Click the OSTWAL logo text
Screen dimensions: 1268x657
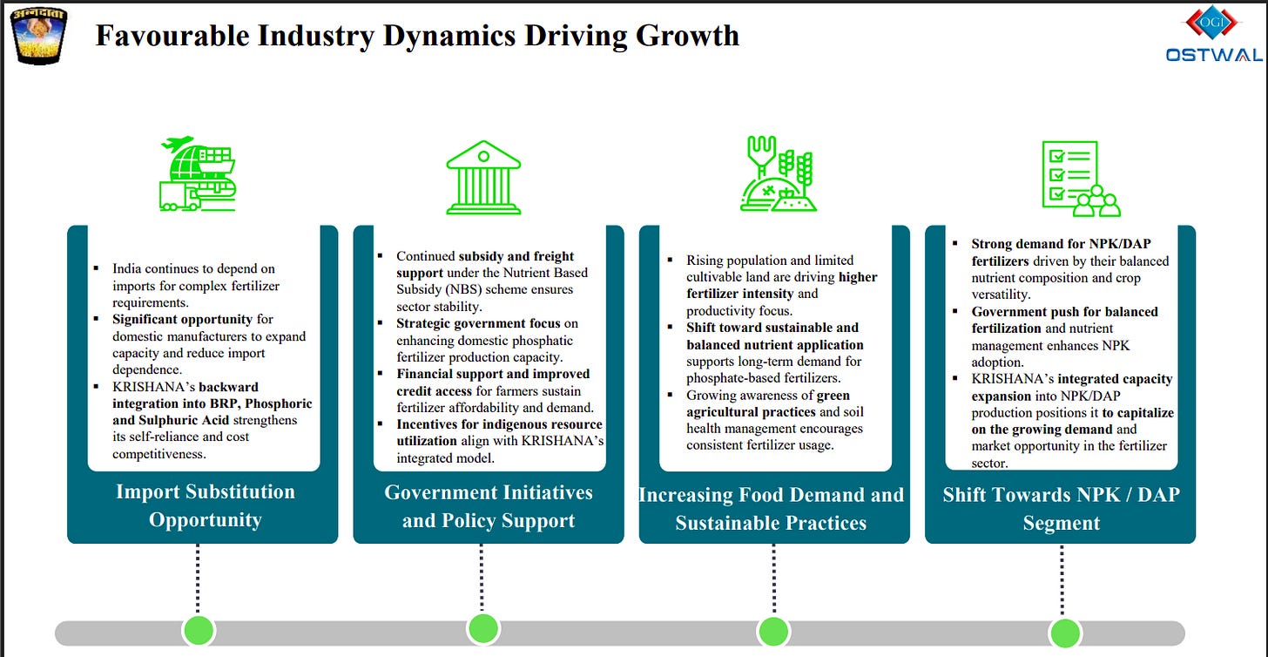coord(1214,55)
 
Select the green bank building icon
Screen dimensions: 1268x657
coord(482,178)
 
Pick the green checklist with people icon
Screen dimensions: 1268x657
coord(1080,179)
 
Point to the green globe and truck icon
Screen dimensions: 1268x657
coord(198,174)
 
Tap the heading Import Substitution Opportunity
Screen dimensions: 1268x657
coord(205,505)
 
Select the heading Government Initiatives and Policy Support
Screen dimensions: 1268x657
coord(488,506)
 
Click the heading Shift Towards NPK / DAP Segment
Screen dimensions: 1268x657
coord(1061,509)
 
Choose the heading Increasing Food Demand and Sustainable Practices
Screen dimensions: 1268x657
coord(772,509)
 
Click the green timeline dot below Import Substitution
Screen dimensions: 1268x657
coord(199,630)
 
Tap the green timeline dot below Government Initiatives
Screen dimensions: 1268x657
coord(482,628)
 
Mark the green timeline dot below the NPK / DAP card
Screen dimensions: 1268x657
coord(1063,633)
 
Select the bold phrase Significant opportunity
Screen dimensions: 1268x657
coord(182,319)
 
